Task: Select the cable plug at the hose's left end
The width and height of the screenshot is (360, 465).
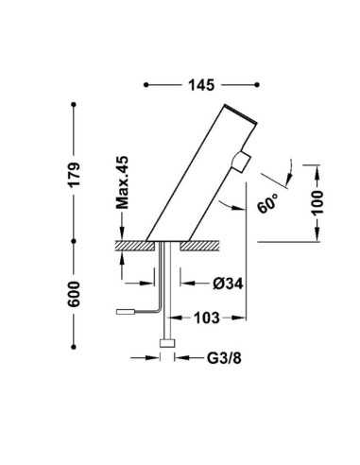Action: [x=125, y=311]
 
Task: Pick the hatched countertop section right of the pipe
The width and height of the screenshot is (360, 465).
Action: [x=202, y=245]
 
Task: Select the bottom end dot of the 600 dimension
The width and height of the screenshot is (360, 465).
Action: [x=74, y=342]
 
